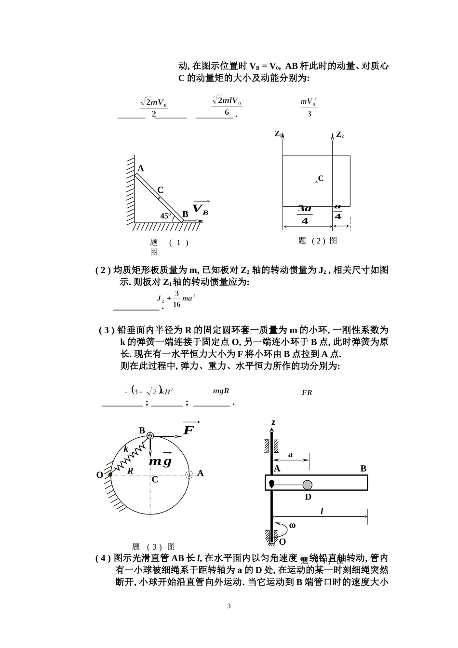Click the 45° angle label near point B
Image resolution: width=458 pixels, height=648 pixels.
click(x=166, y=216)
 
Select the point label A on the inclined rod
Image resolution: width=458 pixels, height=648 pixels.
click(x=141, y=168)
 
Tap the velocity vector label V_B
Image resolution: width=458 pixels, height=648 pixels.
click(x=200, y=209)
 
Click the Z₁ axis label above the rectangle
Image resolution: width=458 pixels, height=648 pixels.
click(x=278, y=134)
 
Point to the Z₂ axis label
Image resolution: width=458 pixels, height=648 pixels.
click(x=340, y=135)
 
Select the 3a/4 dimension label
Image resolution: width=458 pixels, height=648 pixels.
click(x=304, y=215)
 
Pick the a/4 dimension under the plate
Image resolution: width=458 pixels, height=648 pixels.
click(x=338, y=212)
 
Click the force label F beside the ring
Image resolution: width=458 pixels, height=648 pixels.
click(x=189, y=430)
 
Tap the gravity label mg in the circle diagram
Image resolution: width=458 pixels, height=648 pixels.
click(x=161, y=461)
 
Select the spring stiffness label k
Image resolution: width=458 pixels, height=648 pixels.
click(x=126, y=448)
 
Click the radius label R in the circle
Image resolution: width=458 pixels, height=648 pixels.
click(x=130, y=470)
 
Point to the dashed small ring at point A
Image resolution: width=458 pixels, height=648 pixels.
click(x=189, y=474)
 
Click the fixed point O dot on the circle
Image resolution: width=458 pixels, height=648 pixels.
click(x=110, y=474)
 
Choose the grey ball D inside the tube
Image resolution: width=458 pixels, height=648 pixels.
click(x=307, y=485)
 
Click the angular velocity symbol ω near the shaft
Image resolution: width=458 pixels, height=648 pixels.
click(x=292, y=525)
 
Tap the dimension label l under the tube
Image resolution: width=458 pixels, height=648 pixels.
click(x=322, y=511)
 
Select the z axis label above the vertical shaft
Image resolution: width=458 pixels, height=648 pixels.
click(x=273, y=422)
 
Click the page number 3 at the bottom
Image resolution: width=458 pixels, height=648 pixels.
click(x=229, y=606)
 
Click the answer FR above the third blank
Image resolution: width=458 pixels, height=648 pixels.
click(x=307, y=392)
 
